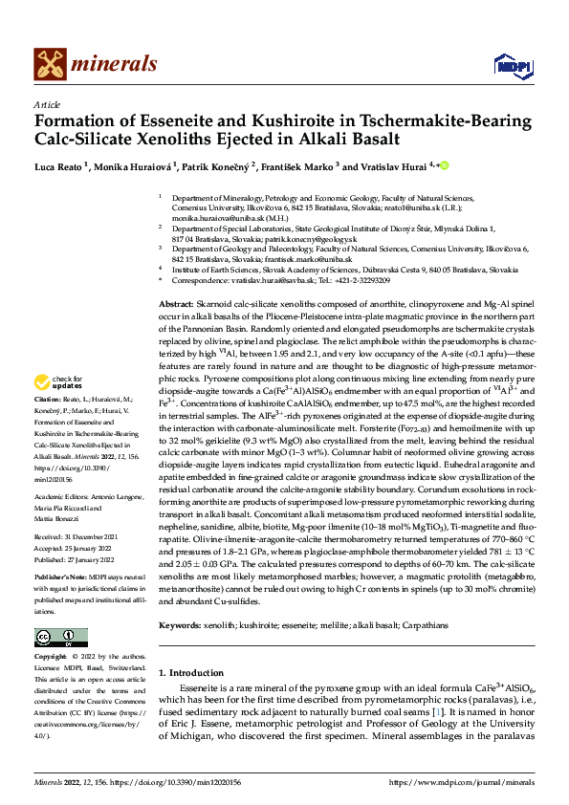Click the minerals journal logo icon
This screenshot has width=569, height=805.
click(x=51, y=65)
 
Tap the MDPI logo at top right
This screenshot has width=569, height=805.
click(x=510, y=64)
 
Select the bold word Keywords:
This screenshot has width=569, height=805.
click(x=181, y=624)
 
